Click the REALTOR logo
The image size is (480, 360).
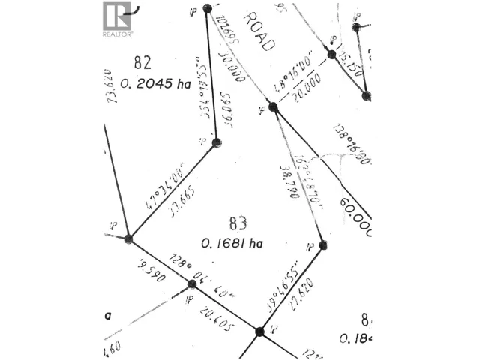point(117,19)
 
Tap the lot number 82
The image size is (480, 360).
point(142,61)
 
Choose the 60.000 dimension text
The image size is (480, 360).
point(355,217)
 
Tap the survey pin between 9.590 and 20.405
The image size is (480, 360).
point(191,284)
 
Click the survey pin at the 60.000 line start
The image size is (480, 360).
point(273,107)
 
